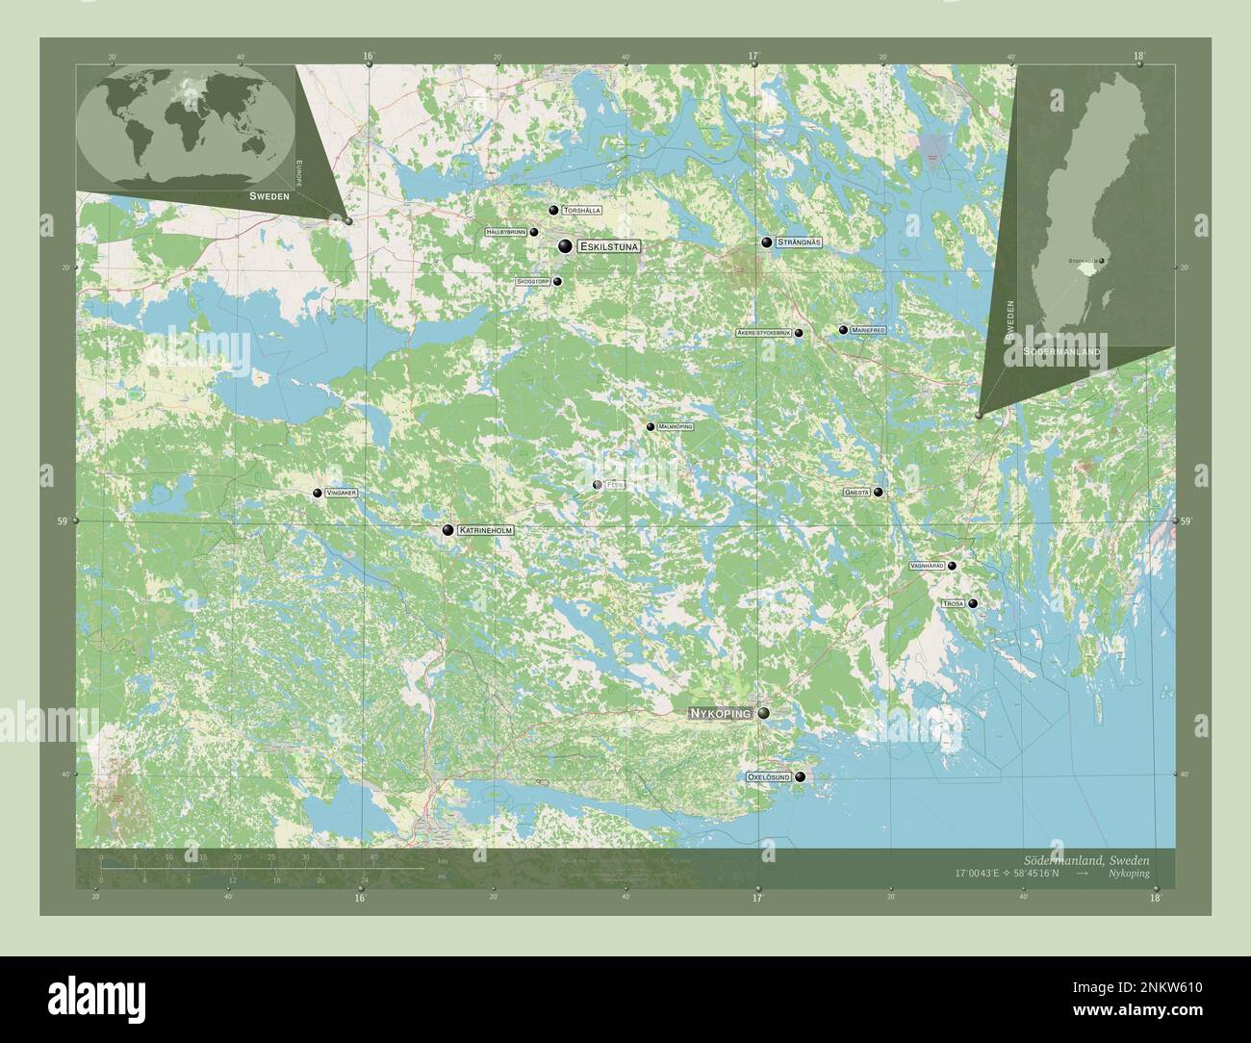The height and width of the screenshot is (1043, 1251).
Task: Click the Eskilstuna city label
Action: pyautogui.click(x=609, y=247)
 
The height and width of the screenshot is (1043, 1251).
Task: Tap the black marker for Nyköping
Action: pyautogui.click(x=763, y=713)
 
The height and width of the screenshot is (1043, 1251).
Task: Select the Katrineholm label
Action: pyautogui.click(x=486, y=530)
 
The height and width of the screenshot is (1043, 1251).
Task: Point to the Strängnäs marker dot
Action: pyautogui.click(x=767, y=243)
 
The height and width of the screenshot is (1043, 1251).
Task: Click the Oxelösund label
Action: pyautogui.click(x=769, y=776)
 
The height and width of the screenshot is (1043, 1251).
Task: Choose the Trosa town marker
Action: pyautogui.click(x=973, y=603)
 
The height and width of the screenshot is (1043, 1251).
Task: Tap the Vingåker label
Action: pyautogui.click(x=342, y=493)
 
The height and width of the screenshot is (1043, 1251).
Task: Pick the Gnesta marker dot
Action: pyautogui.click(x=878, y=492)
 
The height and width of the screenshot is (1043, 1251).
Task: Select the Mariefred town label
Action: pyautogui.click(x=868, y=330)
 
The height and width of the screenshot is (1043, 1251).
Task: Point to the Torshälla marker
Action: pyautogui.click(x=553, y=210)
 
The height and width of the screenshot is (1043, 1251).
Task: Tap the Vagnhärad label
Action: pyautogui.click(x=926, y=566)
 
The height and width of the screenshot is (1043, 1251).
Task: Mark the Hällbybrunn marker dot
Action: pyautogui.click(x=533, y=232)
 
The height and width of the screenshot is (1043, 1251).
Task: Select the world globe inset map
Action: pyautogui.click(x=186, y=125)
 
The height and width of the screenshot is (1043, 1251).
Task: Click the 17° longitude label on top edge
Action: pyautogui.click(x=755, y=56)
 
